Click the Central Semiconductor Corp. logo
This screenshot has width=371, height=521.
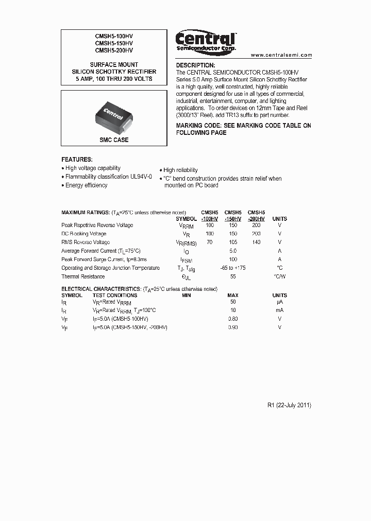point(206,41)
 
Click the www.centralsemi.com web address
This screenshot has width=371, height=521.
point(281,55)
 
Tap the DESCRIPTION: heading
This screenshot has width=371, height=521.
point(195,65)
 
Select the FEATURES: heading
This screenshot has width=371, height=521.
point(77,160)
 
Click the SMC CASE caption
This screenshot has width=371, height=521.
point(114,140)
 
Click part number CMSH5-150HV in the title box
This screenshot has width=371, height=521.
point(114,44)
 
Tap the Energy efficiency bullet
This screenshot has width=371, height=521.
point(86,185)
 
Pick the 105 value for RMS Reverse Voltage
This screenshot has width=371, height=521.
point(233,242)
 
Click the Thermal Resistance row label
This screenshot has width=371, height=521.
point(83,276)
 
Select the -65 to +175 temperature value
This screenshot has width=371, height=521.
point(233,268)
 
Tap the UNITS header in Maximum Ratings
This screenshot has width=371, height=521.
point(280,219)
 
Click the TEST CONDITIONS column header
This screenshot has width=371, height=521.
point(115,296)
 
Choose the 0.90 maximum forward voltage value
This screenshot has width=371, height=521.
point(233,327)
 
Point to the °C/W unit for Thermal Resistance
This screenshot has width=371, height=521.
point(280,276)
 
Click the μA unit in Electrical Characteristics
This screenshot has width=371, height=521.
point(280,302)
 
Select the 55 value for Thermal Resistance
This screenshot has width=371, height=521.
point(233,276)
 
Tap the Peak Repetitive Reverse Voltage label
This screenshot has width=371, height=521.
point(97,225)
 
